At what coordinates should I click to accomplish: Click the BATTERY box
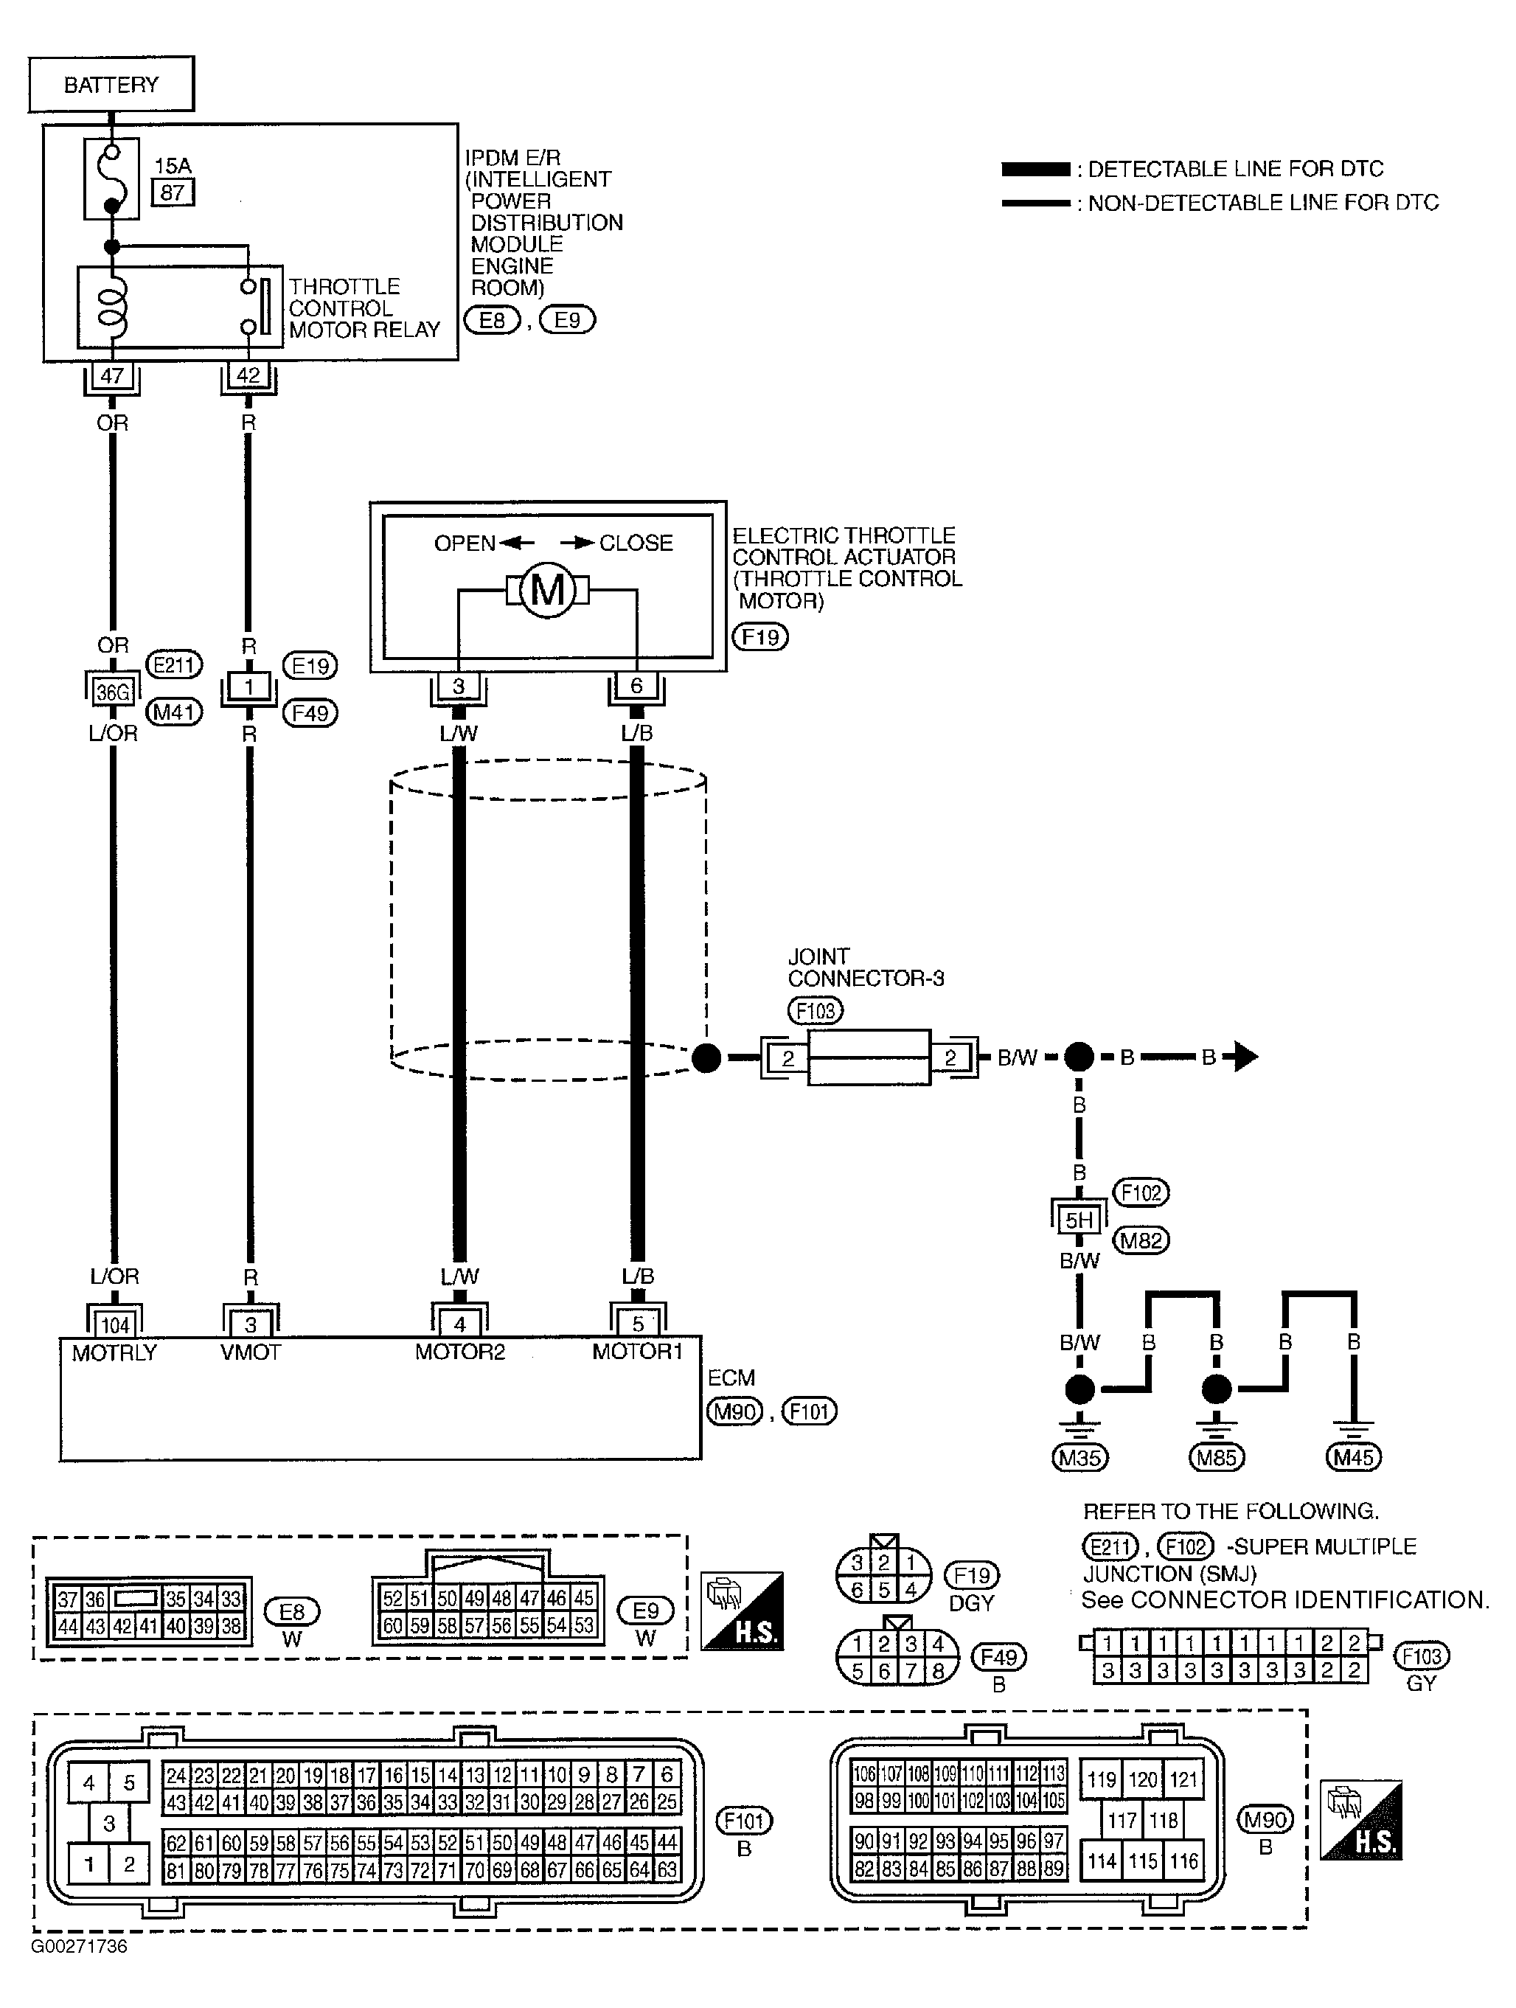tap(111, 84)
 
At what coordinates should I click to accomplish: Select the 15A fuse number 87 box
tap(173, 192)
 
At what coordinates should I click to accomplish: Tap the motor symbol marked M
tap(547, 592)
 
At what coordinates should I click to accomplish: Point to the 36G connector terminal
tap(113, 692)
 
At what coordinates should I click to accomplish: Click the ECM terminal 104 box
tap(114, 1325)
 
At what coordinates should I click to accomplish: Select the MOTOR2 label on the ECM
tap(460, 1352)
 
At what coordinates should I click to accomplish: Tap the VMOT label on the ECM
tap(251, 1352)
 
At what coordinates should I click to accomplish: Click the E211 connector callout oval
tap(174, 665)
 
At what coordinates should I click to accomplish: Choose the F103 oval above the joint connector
tap(816, 1010)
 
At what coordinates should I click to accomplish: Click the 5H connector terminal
tap(1079, 1220)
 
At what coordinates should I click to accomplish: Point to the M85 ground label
tap(1217, 1458)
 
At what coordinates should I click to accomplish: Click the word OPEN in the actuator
tap(465, 543)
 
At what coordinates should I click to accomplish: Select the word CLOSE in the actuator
tap(636, 543)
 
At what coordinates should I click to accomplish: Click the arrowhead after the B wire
tap(1245, 1057)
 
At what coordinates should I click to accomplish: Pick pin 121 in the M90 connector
tap(1183, 1779)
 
